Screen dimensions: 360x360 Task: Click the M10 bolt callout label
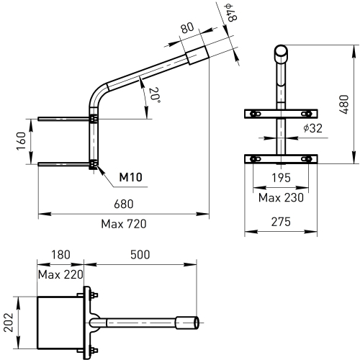(x=131, y=177)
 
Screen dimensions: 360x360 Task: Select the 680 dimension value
(x=124, y=204)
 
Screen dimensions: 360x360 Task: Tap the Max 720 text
(x=124, y=224)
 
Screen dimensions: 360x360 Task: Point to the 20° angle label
(x=154, y=95)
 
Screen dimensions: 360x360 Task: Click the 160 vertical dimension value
(x=21, y=141)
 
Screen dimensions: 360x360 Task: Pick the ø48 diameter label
(x=231, y=13)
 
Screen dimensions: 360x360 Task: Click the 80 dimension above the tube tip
(x=187, y=27)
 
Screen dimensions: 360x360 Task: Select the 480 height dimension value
(x=343, y=104)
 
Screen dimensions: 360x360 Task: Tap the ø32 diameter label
(x=312, y=128)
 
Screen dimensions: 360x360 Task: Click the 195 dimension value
(x=281, y=178)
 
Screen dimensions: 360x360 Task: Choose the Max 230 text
(x=281, y=198)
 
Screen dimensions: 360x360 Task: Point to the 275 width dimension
(x=281, y=222)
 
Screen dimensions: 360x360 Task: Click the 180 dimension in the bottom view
(x=60, y=255)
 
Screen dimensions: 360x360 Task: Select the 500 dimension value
(x=140, y=255)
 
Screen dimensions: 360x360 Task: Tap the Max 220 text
(x=60, y=274)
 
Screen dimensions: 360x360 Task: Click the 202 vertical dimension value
(x=9, y=323)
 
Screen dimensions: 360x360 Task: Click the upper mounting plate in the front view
(x=281, y=114)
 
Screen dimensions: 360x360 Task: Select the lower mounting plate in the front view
(x=281, y=159)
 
